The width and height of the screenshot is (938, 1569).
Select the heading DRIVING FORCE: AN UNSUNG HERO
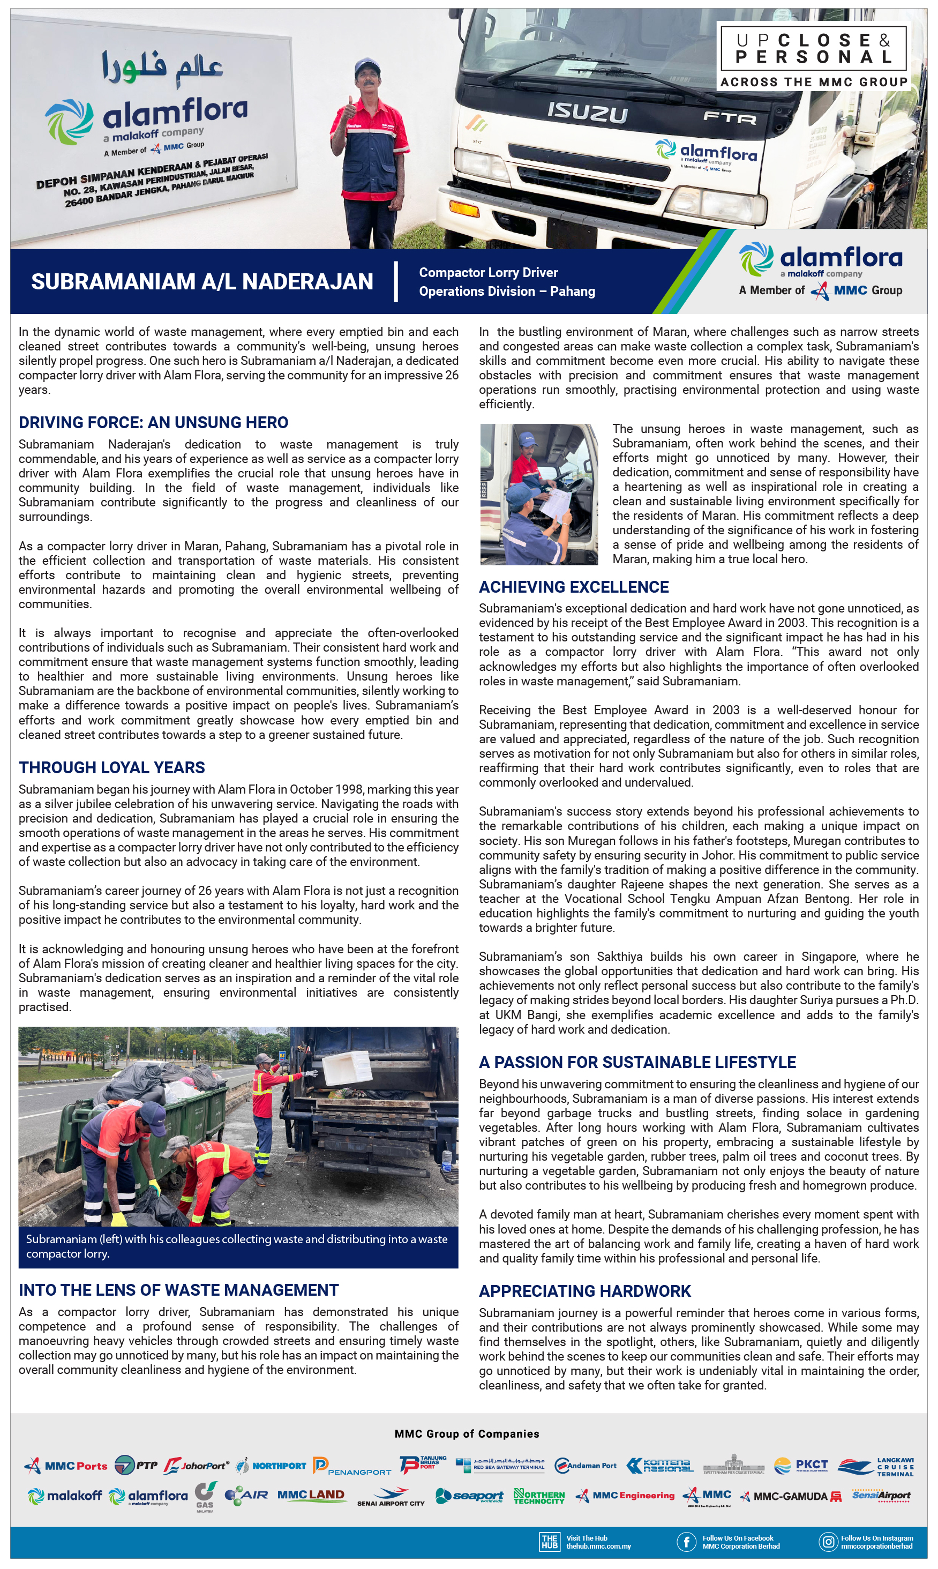point(153,422)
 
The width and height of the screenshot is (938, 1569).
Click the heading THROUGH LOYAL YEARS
point(112,767)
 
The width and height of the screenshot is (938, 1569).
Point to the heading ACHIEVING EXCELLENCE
point(573,587)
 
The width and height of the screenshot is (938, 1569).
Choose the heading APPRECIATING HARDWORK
point(584,1291)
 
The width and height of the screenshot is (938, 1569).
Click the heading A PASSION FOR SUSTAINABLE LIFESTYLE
point(637,1062)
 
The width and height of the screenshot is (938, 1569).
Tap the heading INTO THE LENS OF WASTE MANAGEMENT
point(178,1290)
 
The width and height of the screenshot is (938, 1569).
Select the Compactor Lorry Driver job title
point(488,272)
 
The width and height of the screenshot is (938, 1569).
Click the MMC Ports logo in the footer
point(66,1466)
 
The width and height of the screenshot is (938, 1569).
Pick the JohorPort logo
point(197,1466)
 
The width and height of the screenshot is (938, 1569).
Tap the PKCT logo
point(801,1466)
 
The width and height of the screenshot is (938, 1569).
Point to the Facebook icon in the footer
point(686,1541)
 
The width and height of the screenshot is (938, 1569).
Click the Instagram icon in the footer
point(828,1541)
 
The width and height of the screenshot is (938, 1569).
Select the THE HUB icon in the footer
point(549,1541)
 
